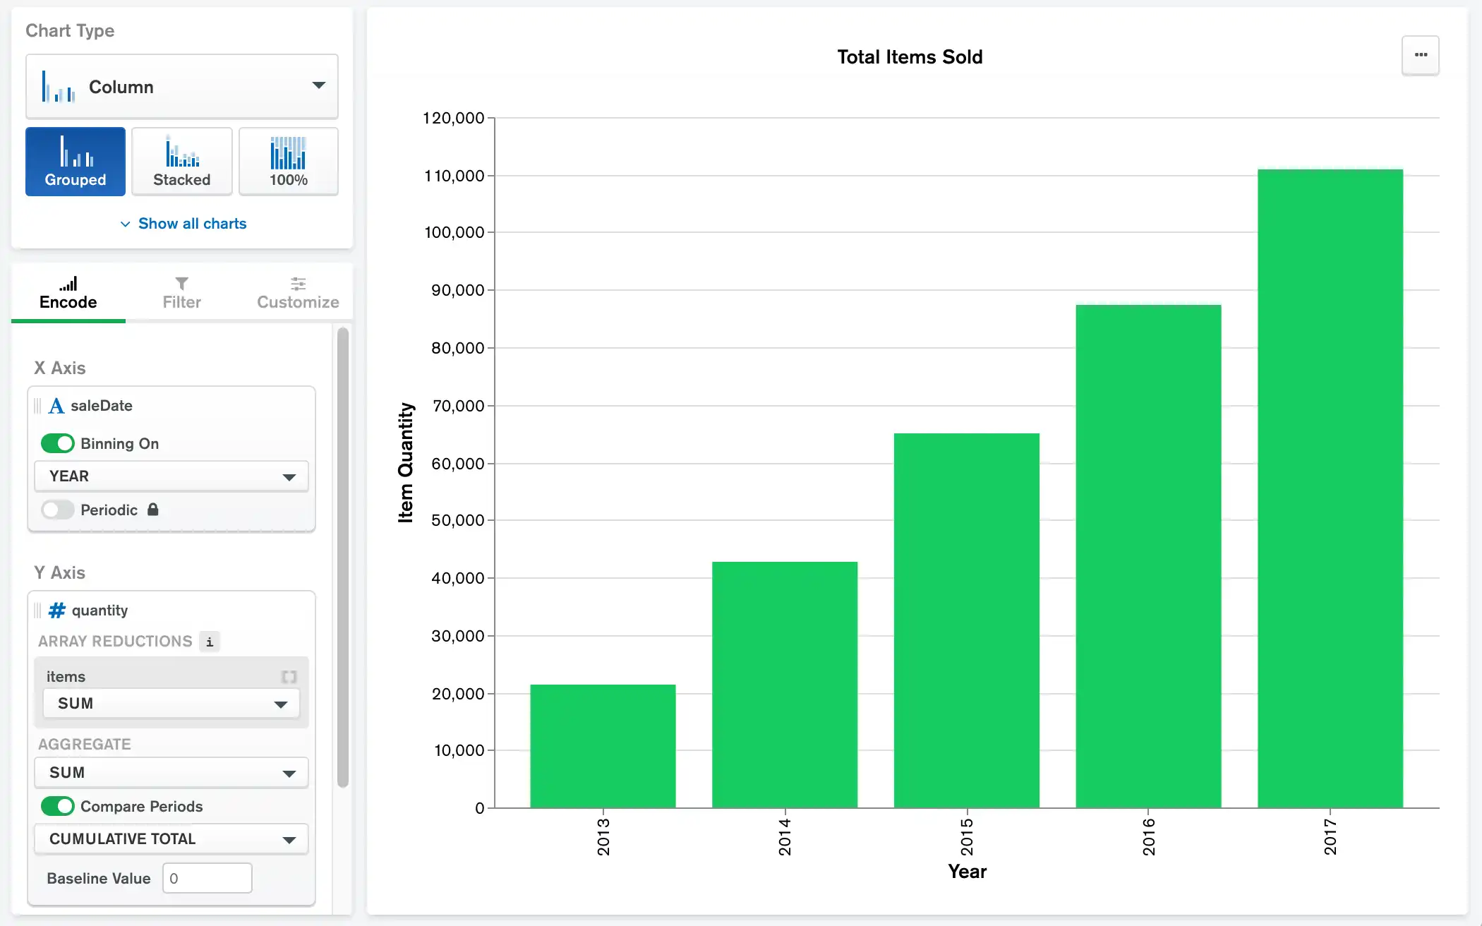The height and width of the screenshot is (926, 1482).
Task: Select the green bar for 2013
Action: (x=603, y=746)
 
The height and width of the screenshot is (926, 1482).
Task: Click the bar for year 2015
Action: (x=966, y=620)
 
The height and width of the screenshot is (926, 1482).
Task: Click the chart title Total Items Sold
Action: (x=910, y=57)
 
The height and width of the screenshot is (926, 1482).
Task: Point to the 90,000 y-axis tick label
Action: (x=458, y=290)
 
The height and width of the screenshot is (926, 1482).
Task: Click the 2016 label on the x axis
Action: (x=1149, y=837)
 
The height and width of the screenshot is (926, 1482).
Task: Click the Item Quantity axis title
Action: (x=406, y=462)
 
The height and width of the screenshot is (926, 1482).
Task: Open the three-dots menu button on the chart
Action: (x=1421, y=55)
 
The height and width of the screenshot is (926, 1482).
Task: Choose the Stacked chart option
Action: (x=182, y=162)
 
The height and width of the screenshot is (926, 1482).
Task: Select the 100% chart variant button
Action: (x=289, y=162)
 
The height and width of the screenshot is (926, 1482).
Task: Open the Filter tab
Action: (x=181, y=293)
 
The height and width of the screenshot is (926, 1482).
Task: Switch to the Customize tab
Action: (x=298, y=293)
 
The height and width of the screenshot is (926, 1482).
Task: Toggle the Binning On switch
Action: (x=58, y=443)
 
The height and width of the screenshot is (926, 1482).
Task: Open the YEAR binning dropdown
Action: (x=171, y=476)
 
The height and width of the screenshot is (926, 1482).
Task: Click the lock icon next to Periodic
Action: (x=153, y=510)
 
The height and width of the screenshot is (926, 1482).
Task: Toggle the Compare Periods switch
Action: (x=58, y=806)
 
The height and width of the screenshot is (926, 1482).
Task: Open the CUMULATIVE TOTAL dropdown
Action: (x=171, y=839)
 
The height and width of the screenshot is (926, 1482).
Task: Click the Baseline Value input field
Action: (x=207, y=878)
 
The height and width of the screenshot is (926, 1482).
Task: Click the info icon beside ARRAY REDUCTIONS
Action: (x=210, y=642)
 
